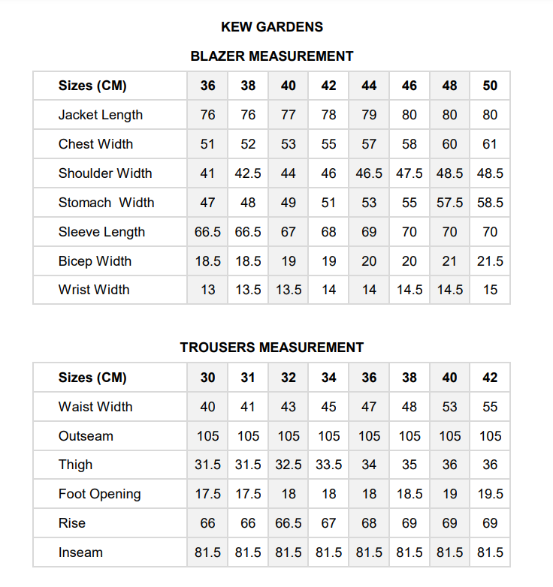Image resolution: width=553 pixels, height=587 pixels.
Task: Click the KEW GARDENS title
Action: pyautogui.click(x=272, y=27)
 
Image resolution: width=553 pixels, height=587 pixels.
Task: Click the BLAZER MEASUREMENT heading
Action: pyautogui.click(x=272, y=56)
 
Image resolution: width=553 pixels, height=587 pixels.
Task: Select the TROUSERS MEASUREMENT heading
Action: pyautogui.click(x=272, y=348)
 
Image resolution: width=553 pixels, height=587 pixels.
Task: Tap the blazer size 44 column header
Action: pyautogui.click(x=369, y=86)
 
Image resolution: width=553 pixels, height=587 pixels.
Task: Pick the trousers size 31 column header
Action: pyautogui.click(x=248, y=378)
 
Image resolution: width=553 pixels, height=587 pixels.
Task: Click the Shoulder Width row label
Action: pyautogui.click(x=105, y=173)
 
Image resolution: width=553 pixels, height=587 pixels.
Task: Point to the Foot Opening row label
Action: pyautogui.click(x=99, y=494)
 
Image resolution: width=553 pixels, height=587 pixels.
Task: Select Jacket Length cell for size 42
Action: pyautogui.click(x=329, y=115)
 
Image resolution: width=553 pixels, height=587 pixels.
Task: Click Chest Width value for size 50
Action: pyautogui.click(x=490, y=144)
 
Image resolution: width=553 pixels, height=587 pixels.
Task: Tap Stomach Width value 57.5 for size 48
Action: pyautogui.click(x=449, y=203)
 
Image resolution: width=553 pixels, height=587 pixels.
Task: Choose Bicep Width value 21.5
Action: pyautogui.click(x=490, y=261)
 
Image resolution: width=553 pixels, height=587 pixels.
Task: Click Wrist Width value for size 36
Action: pyautogui.click(x=208, y=290)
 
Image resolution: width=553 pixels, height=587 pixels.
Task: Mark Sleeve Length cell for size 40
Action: pyautogui.click(x=289, y=232)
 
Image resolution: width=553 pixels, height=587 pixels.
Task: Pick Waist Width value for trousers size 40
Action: pyautogui.click(x=449, y=407)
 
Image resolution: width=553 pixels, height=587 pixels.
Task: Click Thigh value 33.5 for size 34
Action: pyautogui.click(x=329, y=465)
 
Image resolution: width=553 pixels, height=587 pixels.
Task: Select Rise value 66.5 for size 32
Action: pyautogui.click(x=289, y=523)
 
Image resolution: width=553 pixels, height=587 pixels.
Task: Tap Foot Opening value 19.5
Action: pyautogui.click(x=490, y=494)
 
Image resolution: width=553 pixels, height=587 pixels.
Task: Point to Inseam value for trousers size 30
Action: pyautogui.click(x=208, y=552)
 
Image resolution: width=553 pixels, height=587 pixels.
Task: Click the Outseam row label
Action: pyautogui.click(x=86, y=436)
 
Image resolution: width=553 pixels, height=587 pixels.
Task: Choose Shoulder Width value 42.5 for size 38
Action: pyautogui.click(x=248, y=173)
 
